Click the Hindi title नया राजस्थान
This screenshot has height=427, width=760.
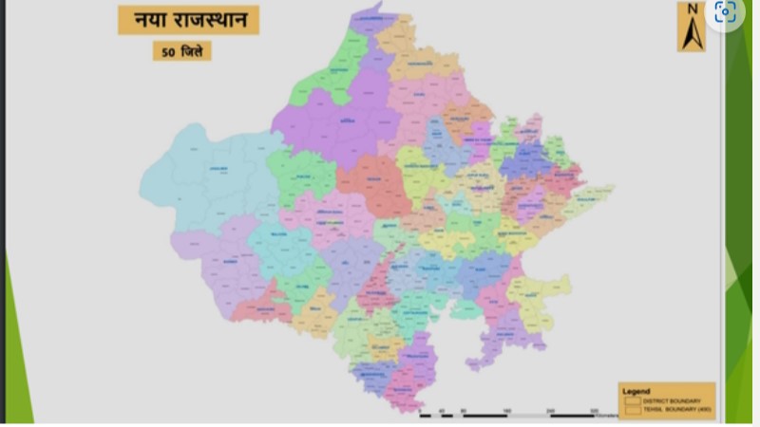point(188,20)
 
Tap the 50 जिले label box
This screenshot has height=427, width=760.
point(181,50)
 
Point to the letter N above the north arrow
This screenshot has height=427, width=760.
point(691,10)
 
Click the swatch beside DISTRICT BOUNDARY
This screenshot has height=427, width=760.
point(633,400)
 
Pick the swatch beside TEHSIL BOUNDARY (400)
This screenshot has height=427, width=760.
point(633,410)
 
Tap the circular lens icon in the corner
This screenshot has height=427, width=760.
point(726,12)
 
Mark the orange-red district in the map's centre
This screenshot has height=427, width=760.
point(375,185)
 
